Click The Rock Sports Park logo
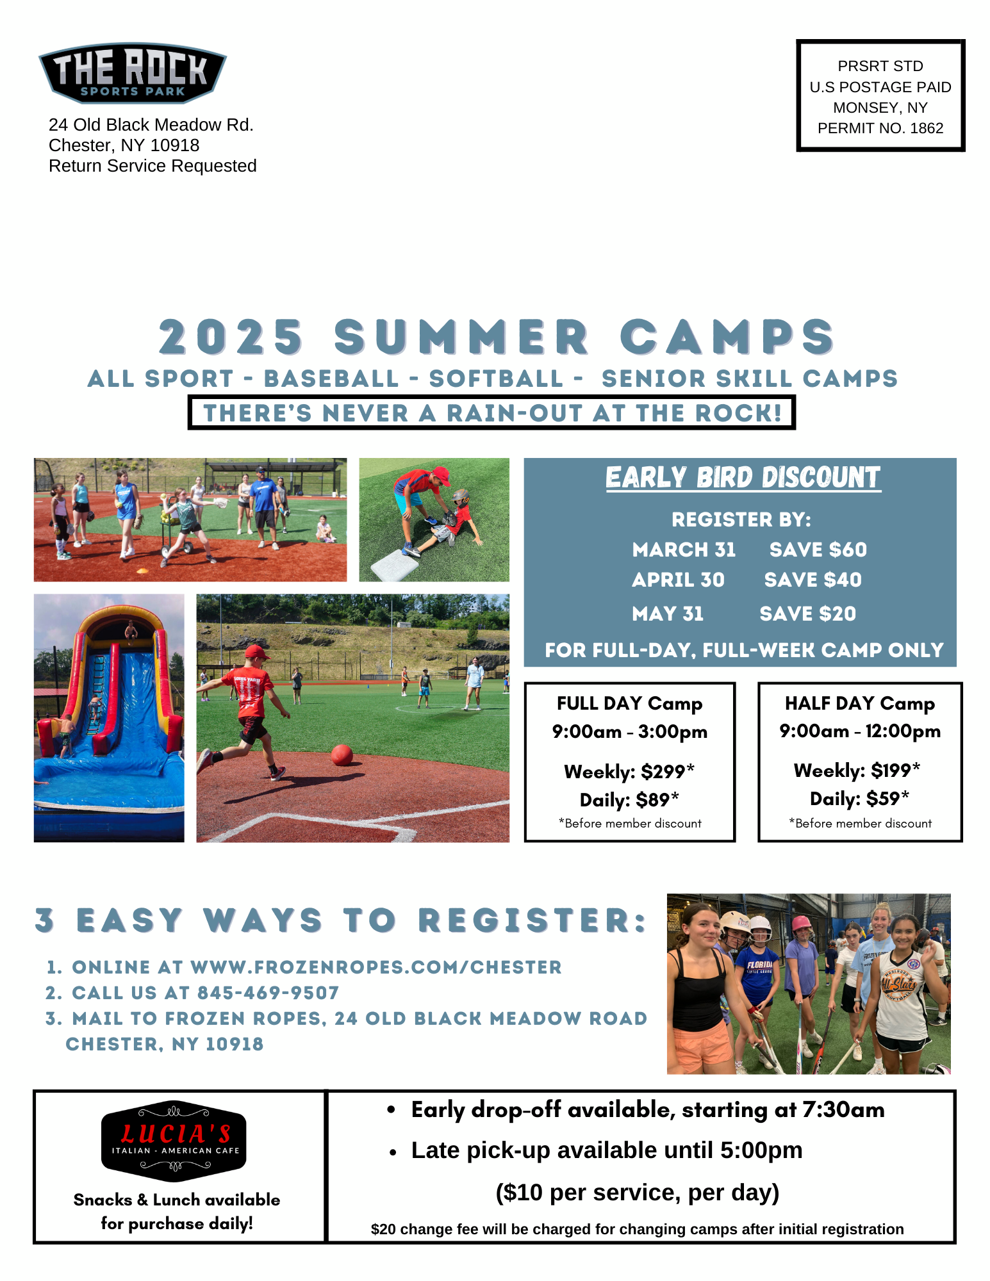click(133, 73)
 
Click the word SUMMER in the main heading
click(461, 337)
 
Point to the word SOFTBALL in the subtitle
click(496, 379)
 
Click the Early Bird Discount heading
click(743, 478)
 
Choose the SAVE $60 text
click(818, 550)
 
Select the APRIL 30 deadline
click(678, 580)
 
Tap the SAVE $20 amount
click(808, 614)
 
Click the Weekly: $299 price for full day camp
click(629, 771)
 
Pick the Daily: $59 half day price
click(860, 798)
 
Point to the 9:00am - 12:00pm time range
click(860, 731)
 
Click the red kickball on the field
click(342, 755)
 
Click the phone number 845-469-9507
click(268, 993)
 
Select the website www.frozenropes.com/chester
click(376, 967)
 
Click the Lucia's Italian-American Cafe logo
click(174, 1142)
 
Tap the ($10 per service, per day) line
click(638, 1193)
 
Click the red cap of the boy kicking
click(258, 653)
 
